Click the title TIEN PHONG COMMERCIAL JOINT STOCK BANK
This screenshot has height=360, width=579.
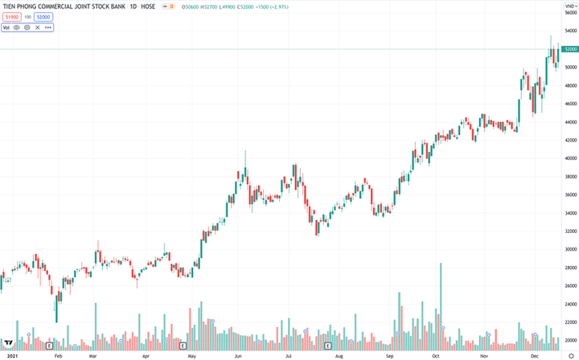coord(61,7)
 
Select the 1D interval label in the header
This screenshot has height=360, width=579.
coord(133,7)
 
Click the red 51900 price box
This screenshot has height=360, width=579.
coord(11,17)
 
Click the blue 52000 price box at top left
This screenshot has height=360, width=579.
coord(43,17)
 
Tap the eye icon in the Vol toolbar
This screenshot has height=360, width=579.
coord(17,27)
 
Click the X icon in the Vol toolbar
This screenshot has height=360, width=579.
coord(37,27)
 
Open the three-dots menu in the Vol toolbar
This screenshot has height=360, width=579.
coord(48,27)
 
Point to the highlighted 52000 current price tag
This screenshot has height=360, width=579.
coord(570,49)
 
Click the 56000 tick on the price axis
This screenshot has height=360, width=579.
coord(569,13)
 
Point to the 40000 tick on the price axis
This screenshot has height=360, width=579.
coord(569,158)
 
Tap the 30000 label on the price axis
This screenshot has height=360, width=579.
coord(569,249)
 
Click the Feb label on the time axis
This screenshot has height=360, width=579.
coord(58,354)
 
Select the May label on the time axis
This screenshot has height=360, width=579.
coord(191,354)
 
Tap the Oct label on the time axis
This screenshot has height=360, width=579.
coord(436,354)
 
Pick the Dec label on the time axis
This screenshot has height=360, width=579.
coord(533,354)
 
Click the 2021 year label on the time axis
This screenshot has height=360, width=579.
coord(12,354)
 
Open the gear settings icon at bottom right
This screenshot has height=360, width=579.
coord(570,354)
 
